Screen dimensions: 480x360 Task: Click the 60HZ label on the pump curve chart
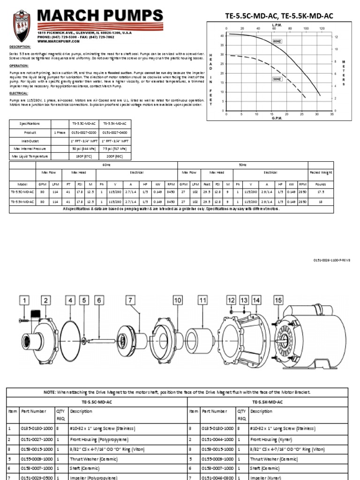click(277, 42)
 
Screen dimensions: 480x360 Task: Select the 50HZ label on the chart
click(277, 79)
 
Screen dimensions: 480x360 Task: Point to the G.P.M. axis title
click(277, 118)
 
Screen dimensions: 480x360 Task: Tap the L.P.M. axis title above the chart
click(277, 24)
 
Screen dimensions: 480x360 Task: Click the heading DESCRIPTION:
click(20, 47)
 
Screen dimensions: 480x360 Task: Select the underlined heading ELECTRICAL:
click(19, 93)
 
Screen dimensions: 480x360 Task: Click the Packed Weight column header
click(320, 172)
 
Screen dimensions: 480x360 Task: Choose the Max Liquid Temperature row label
click(30, 156)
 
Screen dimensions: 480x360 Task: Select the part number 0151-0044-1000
click(217, 440)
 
